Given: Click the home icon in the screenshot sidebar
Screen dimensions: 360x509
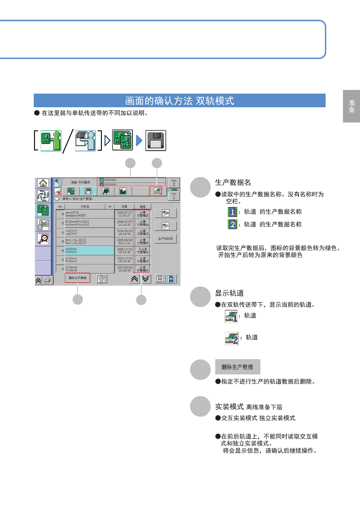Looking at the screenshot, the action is pos(43,183).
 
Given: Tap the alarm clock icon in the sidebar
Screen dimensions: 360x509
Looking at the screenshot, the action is pos(43,239).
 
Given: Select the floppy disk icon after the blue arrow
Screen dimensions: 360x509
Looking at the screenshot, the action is pos(156,140).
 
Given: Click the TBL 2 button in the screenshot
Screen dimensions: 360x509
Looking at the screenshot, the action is pos(174,183).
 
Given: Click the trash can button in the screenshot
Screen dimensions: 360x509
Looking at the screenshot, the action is pos(102,279).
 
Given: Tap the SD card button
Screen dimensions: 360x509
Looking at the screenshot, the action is pos(171,279).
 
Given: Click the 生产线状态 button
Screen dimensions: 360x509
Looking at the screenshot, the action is pos(165,239).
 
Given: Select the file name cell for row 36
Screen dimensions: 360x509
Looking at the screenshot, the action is pos(89,214).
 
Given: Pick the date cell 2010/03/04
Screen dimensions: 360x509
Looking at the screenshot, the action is pos(124,269).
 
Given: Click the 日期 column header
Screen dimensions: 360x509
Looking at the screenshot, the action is pos(124,207).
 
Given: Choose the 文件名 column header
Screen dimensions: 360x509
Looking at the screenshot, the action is pos(85,207).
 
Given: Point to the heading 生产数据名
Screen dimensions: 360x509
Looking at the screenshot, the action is pos(233,182).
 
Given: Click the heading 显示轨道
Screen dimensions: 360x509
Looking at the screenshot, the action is pos(229,293).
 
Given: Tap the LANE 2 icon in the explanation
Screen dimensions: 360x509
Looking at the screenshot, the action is pos(231,339).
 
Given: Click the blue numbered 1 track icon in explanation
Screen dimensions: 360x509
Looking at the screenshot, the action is pos(233,212).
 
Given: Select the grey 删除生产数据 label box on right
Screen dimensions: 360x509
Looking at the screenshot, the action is pos(237,367).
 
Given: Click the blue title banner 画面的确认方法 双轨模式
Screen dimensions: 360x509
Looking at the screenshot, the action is pos(179,101).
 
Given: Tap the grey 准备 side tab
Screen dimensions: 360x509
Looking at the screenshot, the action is pos(351,106).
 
